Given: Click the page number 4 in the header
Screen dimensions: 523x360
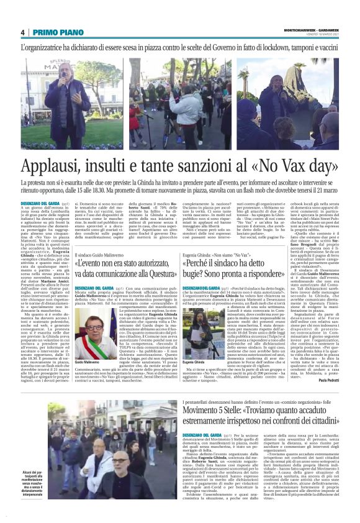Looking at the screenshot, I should (x=22, y=32).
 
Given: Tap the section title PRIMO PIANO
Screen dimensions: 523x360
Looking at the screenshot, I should (x=54, y=32).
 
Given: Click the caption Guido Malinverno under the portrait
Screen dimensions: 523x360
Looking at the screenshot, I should (x=87, y=362).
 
